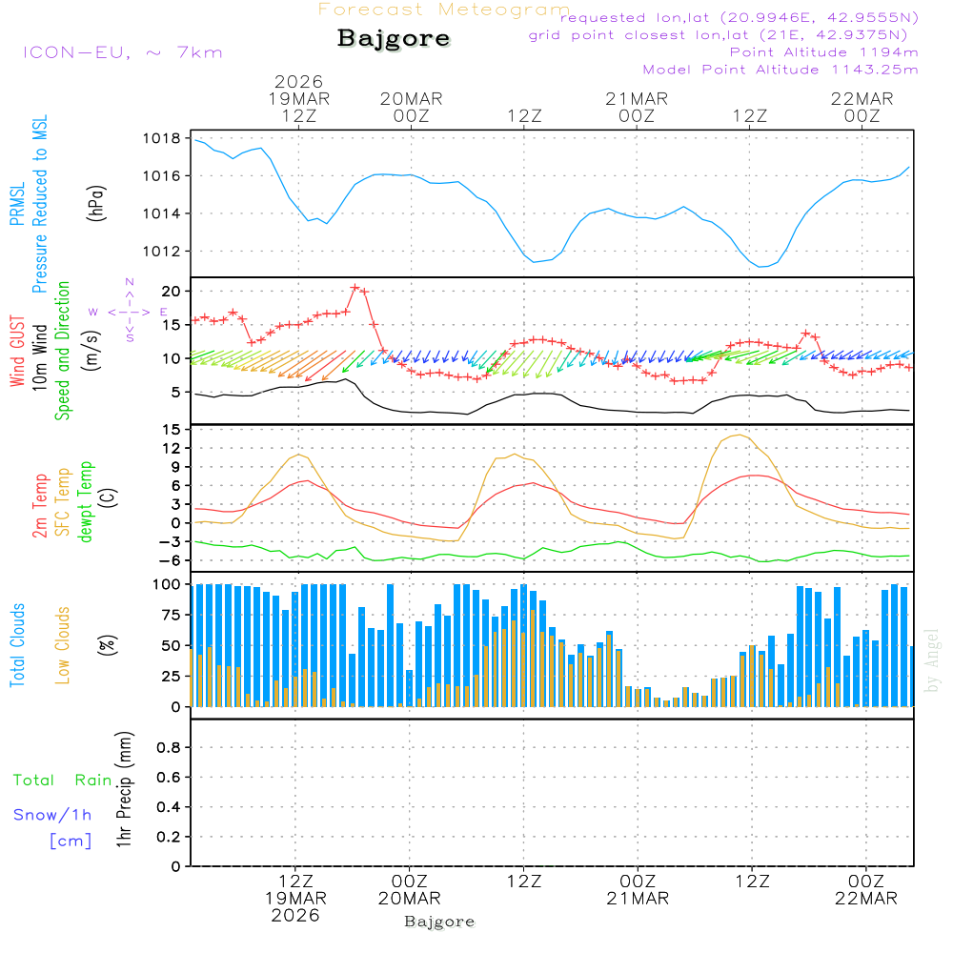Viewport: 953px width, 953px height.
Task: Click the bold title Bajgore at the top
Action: click(394, 39)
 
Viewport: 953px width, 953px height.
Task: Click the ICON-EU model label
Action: click(122, 51)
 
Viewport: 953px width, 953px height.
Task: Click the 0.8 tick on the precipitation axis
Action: click(168, 748)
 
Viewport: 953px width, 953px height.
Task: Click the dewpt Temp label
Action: click(86, 502)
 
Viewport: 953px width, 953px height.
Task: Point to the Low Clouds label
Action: click(64, 643)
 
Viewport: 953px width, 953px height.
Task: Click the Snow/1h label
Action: click(53, 815)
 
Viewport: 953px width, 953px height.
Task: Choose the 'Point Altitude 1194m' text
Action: click(823, 51)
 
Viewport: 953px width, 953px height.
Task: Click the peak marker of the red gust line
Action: click(355, 287)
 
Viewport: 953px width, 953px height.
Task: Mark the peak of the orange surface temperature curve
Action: click(738, 435)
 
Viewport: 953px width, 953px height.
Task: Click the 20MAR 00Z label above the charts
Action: click(411, 107)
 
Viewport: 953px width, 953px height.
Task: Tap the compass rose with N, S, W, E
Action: click(129, 311)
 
